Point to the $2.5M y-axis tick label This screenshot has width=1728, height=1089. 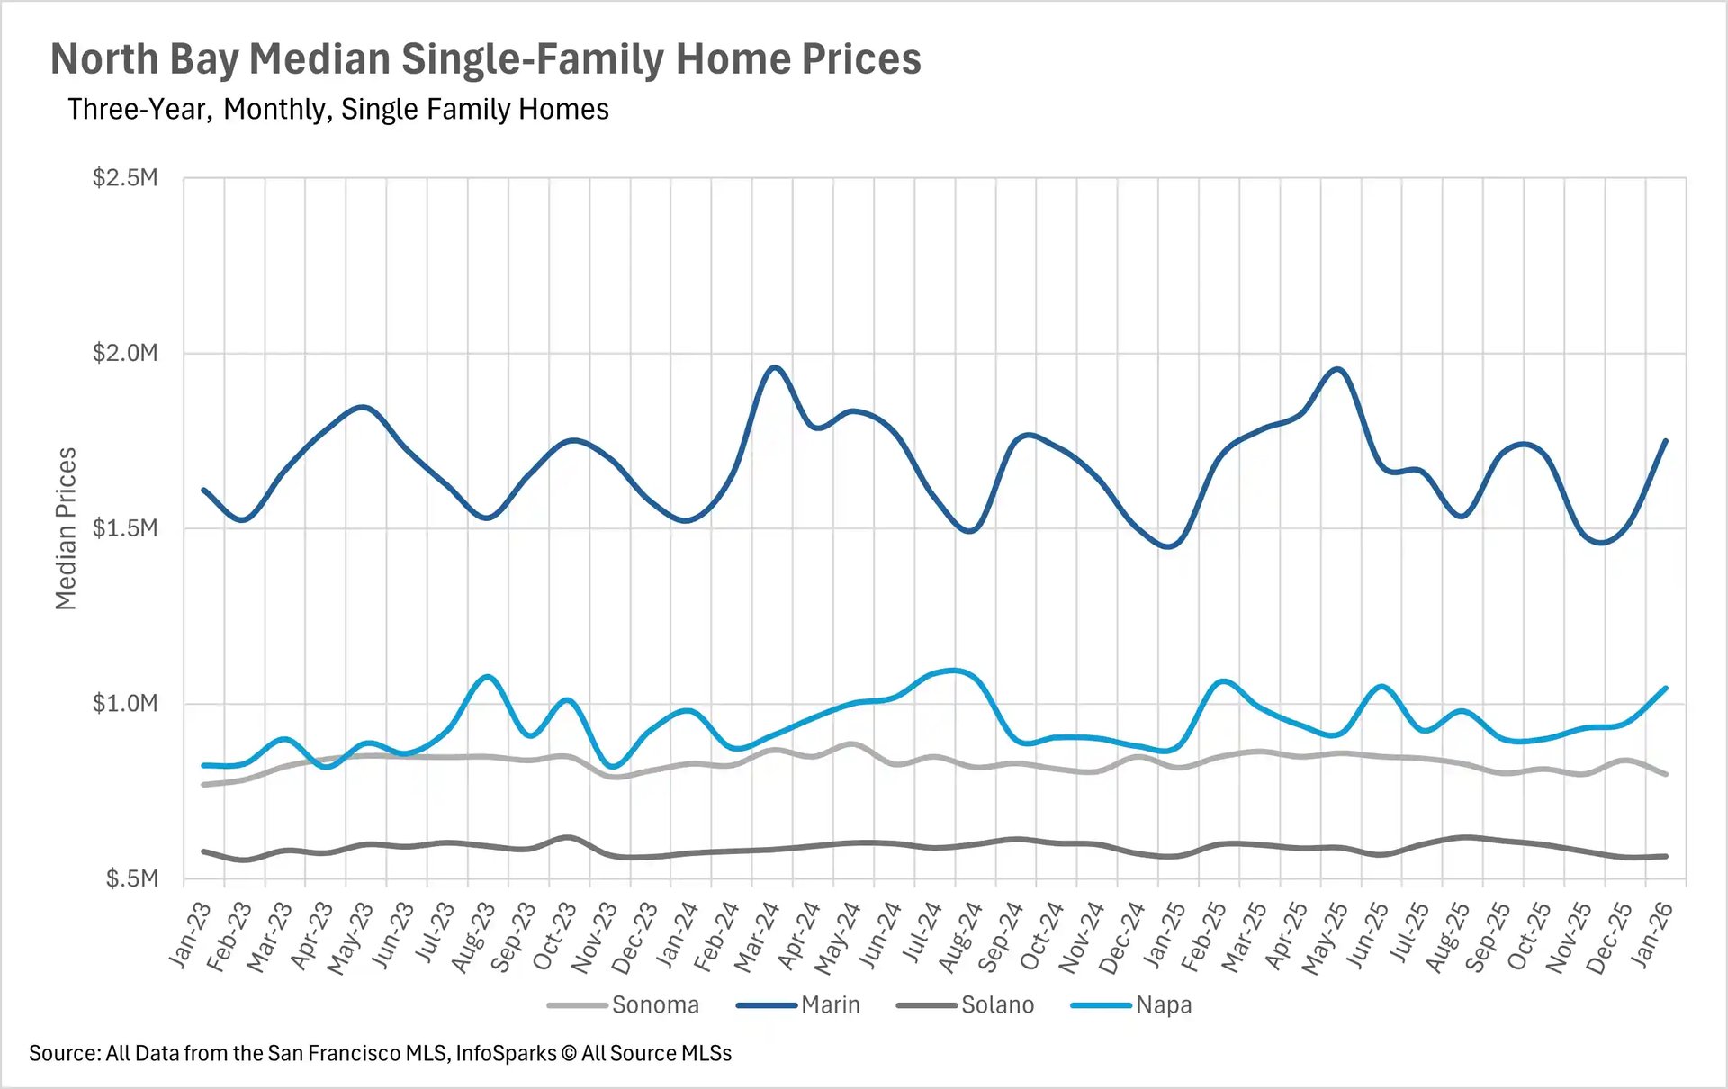point(125,177)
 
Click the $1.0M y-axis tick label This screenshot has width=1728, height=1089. point(125,703)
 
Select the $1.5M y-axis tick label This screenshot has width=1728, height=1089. point(125,527)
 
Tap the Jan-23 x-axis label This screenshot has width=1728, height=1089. point(190,935)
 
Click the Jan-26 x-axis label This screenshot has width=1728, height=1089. point(1652,935)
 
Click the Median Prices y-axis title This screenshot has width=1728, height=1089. point(66,528)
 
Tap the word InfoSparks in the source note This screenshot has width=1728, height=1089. point(506,1053)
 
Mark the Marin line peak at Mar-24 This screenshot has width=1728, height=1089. point(774,367)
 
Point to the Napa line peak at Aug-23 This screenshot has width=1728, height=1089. point(487,675)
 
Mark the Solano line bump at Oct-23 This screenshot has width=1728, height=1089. point(565,837)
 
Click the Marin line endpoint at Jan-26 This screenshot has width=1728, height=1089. point(1666,440)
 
